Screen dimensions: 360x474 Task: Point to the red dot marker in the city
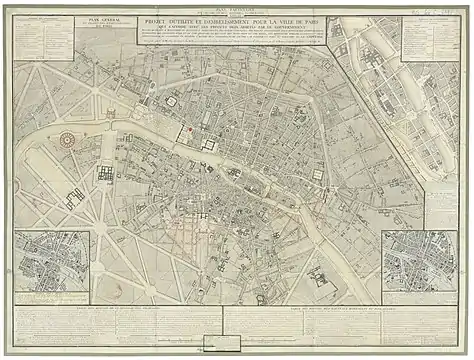tap(188, 132)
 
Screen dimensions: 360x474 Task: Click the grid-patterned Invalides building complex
tap(106, 174)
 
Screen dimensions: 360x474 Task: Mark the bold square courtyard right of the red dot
tap(209, 144)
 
